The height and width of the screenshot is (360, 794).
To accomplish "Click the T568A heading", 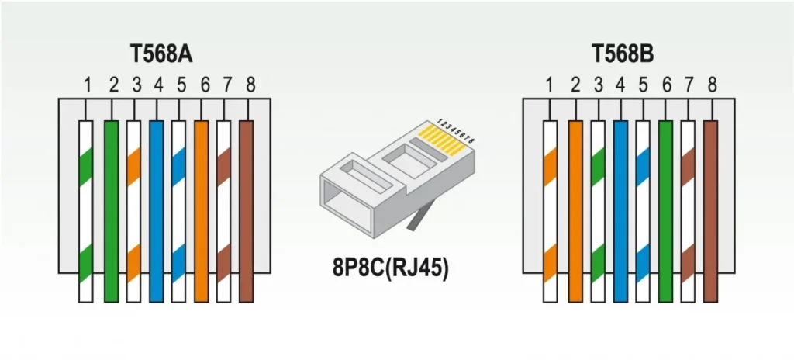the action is [161, 54].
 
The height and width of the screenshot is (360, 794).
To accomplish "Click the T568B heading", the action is [623, 54].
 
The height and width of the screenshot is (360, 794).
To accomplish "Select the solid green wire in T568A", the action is [111, 212].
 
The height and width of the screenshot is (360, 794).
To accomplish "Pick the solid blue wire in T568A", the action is [157, 212].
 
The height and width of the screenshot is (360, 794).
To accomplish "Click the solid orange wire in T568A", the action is [202, 212].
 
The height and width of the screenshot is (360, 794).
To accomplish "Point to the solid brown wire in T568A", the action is [246, 212].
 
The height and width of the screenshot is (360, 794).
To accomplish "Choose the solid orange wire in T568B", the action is [576, 212].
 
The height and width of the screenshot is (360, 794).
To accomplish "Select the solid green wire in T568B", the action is [666, 212].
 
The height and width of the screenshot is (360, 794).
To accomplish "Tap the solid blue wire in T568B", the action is [621, 212].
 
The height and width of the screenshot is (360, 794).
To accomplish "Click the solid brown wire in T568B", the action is [711, 212].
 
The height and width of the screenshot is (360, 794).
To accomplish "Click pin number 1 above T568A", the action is [88, 85].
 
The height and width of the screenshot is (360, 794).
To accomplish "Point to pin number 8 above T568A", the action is [250, 85].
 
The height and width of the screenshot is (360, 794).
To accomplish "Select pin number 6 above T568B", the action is [666, 85].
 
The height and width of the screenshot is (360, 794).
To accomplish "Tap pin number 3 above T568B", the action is [599, 85].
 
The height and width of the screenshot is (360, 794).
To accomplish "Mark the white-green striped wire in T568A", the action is [86, 212].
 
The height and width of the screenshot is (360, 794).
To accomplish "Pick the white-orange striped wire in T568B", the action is [551, 212].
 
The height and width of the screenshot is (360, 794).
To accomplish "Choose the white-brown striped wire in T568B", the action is [689, 212].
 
